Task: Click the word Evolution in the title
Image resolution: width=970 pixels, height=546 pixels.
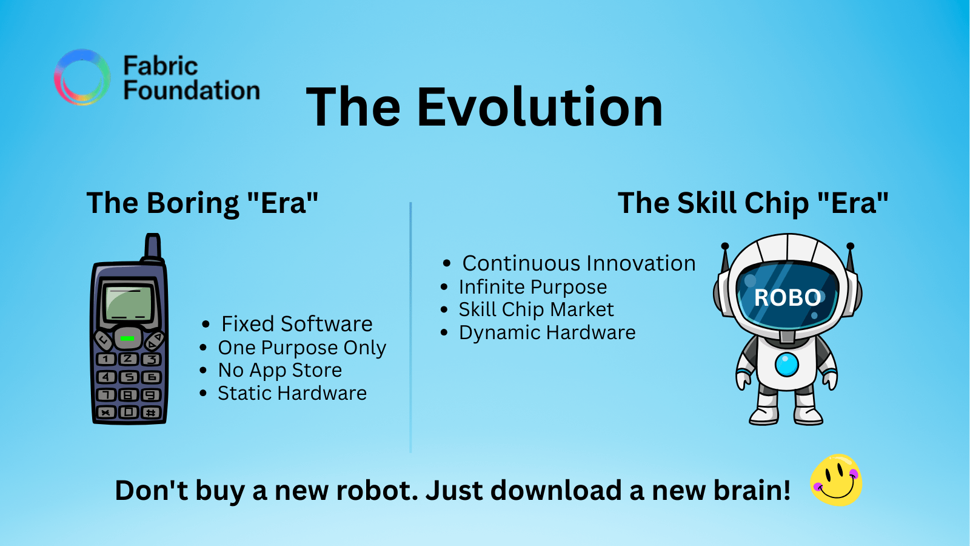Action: tap(540, 107)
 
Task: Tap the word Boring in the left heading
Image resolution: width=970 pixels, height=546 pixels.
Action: tap(193, 204)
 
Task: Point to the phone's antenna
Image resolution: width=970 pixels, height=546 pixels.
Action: tap(152, 246)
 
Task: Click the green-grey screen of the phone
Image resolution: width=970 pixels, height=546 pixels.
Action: tap(128, 303)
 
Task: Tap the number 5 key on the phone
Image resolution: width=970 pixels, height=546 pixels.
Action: tap(129, 377)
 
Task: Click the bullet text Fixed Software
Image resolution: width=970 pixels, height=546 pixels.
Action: tap(296, 324)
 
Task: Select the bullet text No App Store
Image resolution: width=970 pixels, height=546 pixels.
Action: tap(279, 371)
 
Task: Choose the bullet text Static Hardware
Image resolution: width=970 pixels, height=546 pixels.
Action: tap(292, 394)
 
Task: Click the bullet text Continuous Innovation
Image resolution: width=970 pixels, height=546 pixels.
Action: tap(579, 263)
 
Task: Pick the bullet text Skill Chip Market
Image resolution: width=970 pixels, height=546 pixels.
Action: tap(536, 309)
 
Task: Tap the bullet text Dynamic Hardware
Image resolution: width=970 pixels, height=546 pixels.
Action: tap(547, 333)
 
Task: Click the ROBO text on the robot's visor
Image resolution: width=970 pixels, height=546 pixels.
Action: tap(788, 298)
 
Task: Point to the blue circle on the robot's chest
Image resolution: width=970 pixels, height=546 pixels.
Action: tap(787, 365)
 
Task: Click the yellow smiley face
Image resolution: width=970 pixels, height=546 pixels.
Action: tap(836, 480)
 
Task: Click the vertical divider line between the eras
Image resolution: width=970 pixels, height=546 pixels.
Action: tap(410, 327)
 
